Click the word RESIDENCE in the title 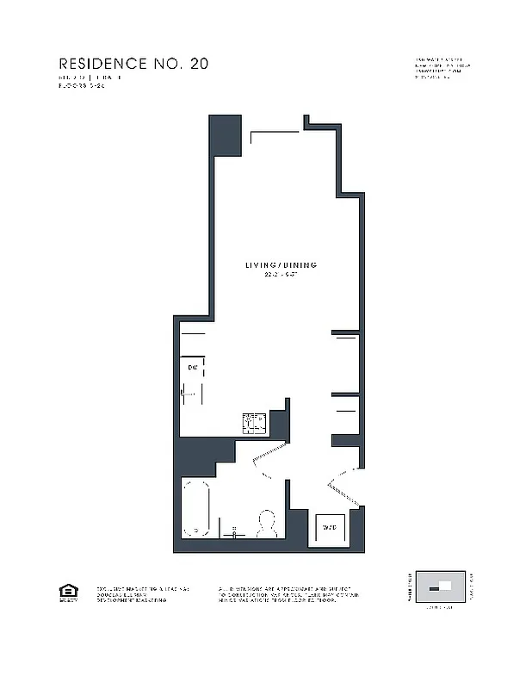click(102, 64)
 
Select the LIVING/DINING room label click(280, 265)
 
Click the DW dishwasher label click(193, 368)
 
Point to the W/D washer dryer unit click(329, 527)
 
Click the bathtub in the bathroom click(196, 509)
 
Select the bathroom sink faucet click(233, 531)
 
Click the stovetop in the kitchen click(254, 422)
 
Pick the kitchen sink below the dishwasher click(192, 394)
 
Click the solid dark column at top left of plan click(226, 135)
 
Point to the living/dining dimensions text click(280, 275)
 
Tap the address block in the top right click(442, 69)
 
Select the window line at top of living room click(275, 132)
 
